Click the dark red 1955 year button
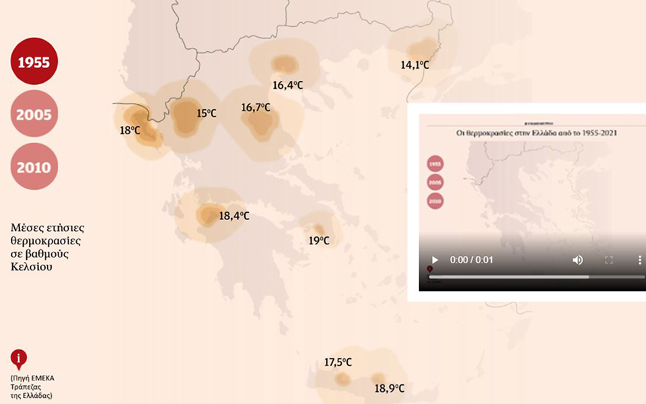[x=34, y=63]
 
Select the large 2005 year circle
[x=34, y=114]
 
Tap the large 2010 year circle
[x=34, y=166]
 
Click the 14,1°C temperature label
[x=415, y=65]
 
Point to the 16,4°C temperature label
[x=287, y=86]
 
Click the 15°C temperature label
[x=207, y=113]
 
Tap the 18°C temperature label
[x=130, y=130]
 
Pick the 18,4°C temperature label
[x=234, y=216]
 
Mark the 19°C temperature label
[x=319, y=240]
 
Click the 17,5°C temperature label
[x=338, y=362]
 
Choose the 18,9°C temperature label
[x=389, y=389]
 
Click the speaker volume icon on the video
[x=577, y=260]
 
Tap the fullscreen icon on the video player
[x=609, y=260]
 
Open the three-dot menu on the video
[x=639, y=260]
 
